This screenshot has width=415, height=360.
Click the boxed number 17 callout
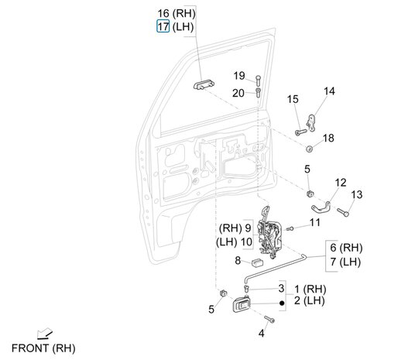(163, 26)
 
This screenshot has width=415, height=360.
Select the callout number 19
(239, 76)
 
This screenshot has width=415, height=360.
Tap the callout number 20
(238, 93)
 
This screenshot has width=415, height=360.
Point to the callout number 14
(330, 91)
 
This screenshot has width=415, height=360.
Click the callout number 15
(293, 99)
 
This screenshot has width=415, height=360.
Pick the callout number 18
(328, 138)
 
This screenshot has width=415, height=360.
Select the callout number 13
(356, 194)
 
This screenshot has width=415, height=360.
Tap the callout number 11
(315, 222)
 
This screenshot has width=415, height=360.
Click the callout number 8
(238, 261)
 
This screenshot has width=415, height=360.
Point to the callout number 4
(261, 333)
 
